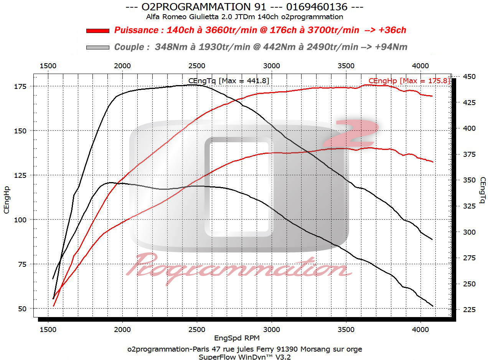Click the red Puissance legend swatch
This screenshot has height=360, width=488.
(x=98, y=31)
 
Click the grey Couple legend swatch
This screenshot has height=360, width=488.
(x=98, y=47)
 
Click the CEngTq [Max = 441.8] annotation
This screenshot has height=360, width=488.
(x=229, y=81)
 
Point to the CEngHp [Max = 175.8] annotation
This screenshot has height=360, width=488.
(x=409, y=81)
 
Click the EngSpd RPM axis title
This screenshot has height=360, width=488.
(x=237, y=338)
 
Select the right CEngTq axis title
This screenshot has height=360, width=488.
(x=482, y=190)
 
